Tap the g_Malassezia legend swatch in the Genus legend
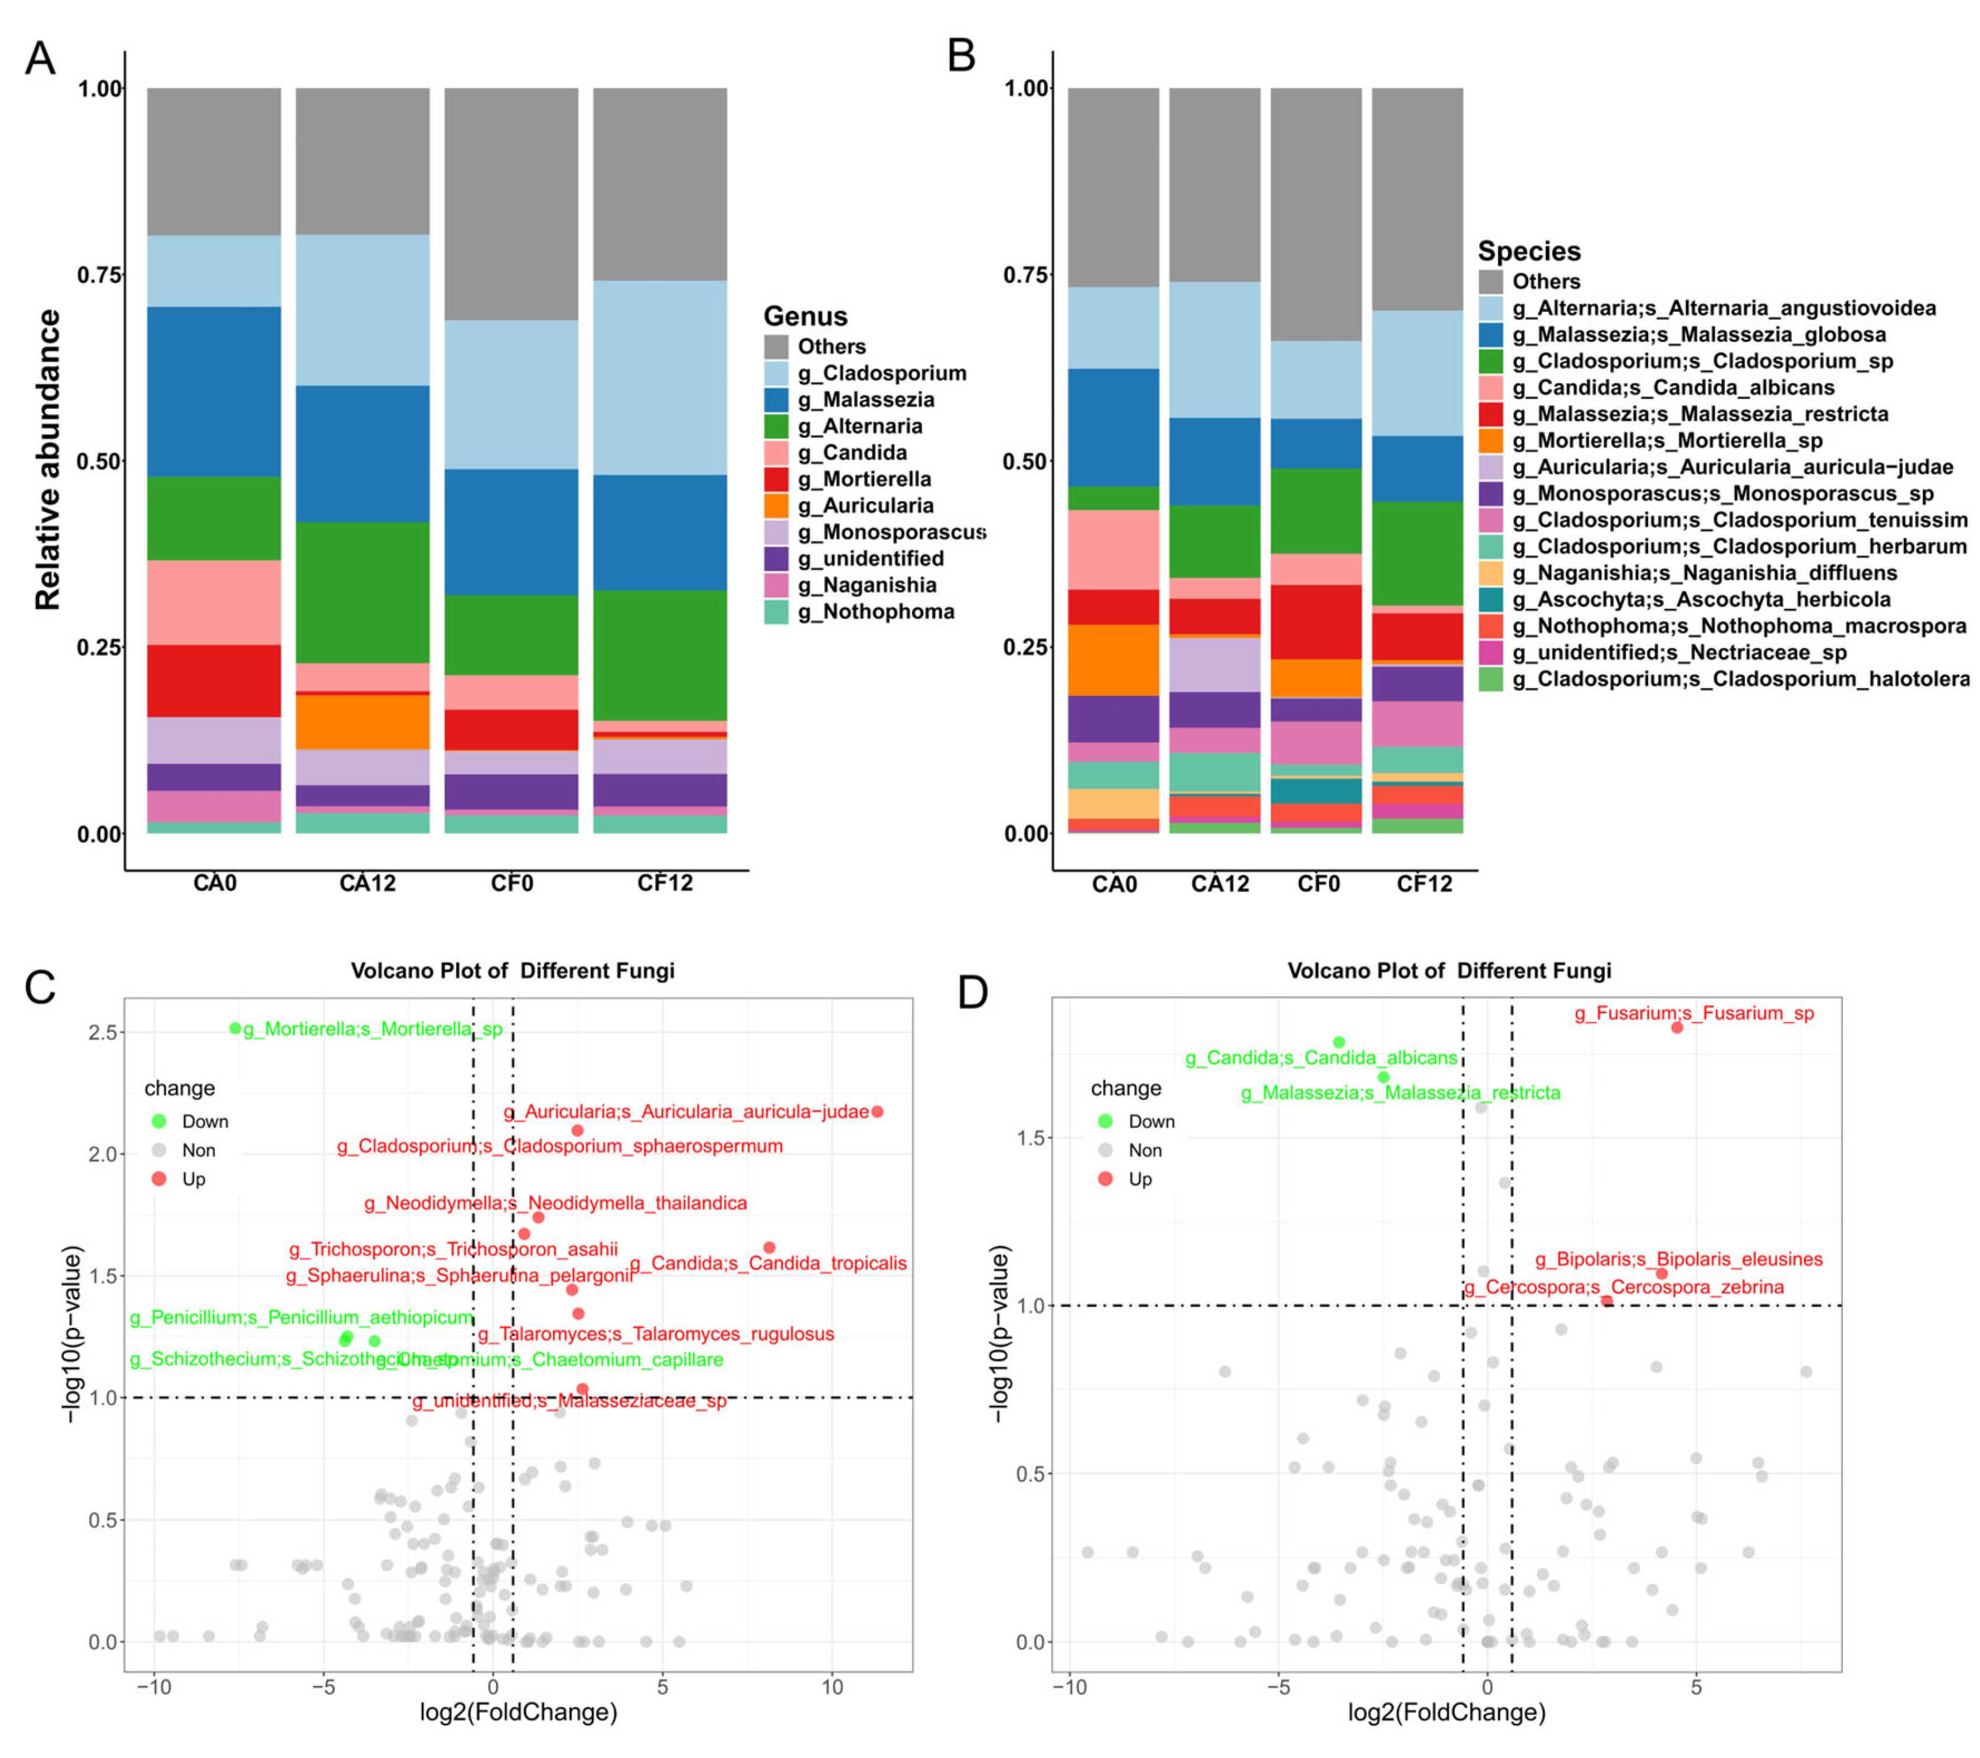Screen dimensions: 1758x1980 pos(776,400)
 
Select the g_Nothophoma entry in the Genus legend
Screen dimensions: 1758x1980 pos(875,611)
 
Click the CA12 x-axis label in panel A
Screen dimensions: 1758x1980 pos(367,883)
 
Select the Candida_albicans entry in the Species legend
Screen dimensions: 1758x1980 pos(1673,388)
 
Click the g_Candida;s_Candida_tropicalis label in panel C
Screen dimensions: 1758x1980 pos(768,1263)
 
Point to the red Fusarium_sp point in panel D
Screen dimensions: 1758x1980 pos(1677,1028)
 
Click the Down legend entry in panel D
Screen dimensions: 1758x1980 pos(1150,1122)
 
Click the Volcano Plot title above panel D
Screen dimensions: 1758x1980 pos(1448,971)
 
